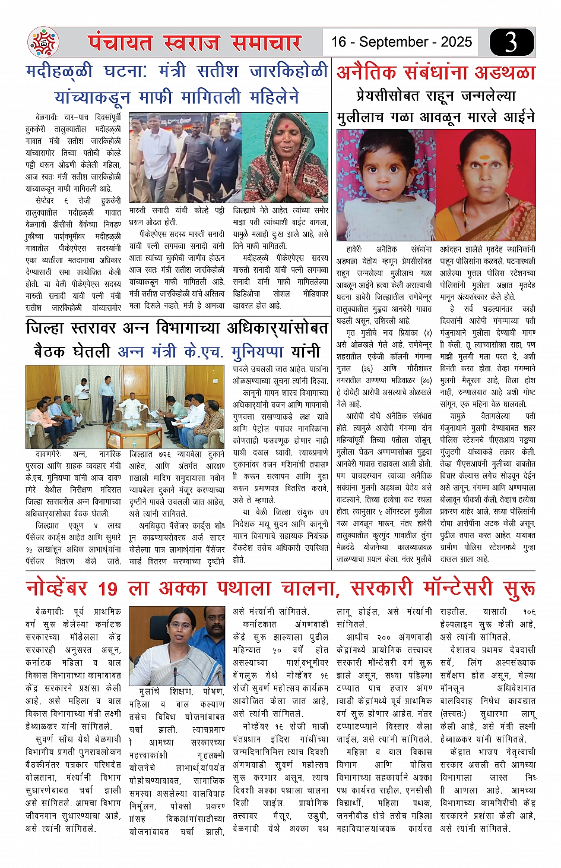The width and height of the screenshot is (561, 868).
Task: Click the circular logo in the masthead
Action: pyautogui.click(x=44, y=42)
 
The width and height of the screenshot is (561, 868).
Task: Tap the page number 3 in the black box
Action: pyautogui.click(x=511, y=42)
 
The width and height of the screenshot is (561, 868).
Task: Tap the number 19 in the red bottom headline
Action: pyautogui.click(x=107, y=589)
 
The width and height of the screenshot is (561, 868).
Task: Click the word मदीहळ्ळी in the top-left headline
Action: pyautogui.click(x=59, y=72)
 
